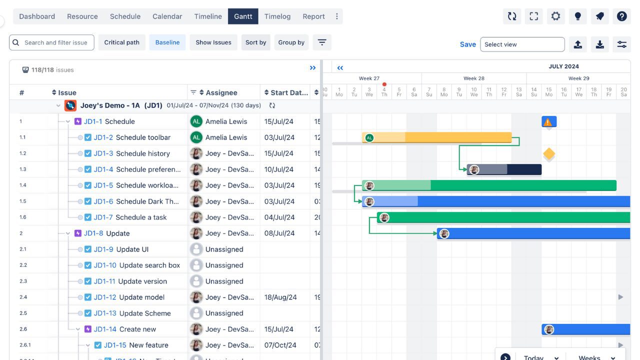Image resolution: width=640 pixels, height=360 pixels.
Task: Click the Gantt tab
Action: [x=243, y=16]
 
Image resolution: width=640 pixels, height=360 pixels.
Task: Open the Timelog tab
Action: [x=277, y=16]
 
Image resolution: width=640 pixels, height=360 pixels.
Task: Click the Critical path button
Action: [x=121, y=42]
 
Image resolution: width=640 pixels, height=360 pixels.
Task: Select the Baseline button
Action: [x=167, y=42]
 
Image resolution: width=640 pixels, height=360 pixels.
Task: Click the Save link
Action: [x=467, y=44]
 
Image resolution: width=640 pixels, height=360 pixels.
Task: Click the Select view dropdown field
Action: [x=522, y=44]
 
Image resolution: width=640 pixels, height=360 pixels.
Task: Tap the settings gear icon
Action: [x=555, y=16]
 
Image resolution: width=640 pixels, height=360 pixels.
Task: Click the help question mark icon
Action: [x=621, y=16]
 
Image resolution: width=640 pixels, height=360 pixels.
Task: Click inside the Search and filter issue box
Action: [x=55, y=42]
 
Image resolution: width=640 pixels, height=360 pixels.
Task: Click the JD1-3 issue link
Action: [x=103, y=153]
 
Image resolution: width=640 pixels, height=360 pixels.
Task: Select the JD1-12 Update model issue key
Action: [x=105, y=297]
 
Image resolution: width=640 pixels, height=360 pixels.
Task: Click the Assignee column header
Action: [x=221, y=92]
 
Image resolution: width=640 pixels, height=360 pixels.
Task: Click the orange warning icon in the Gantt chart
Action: [x=548, y=122]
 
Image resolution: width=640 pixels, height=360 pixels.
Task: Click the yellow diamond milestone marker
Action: [x=549, y=154]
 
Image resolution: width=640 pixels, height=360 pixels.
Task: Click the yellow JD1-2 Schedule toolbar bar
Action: [x=450, y=137]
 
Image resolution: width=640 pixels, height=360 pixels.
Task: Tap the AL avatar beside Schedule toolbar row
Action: [x=196, y=137]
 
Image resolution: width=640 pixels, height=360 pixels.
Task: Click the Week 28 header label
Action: [x=473, y=78]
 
